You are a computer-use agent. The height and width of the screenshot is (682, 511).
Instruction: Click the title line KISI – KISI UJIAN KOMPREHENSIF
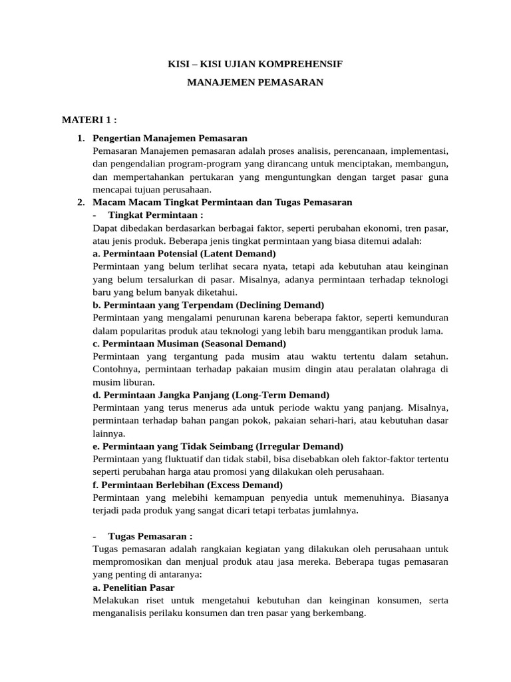[x=255, y=65]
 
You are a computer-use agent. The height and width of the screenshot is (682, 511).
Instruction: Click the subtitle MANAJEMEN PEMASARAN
[x=255, y=83]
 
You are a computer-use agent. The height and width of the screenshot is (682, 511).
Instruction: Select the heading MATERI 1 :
[x=89, y=120]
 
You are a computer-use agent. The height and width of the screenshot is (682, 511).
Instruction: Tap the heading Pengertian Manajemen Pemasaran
[x=171, y=139]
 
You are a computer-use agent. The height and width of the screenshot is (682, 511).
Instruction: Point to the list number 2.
[x=81, y=202]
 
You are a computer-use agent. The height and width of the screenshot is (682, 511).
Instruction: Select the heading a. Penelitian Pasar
[x=134, y=588]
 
